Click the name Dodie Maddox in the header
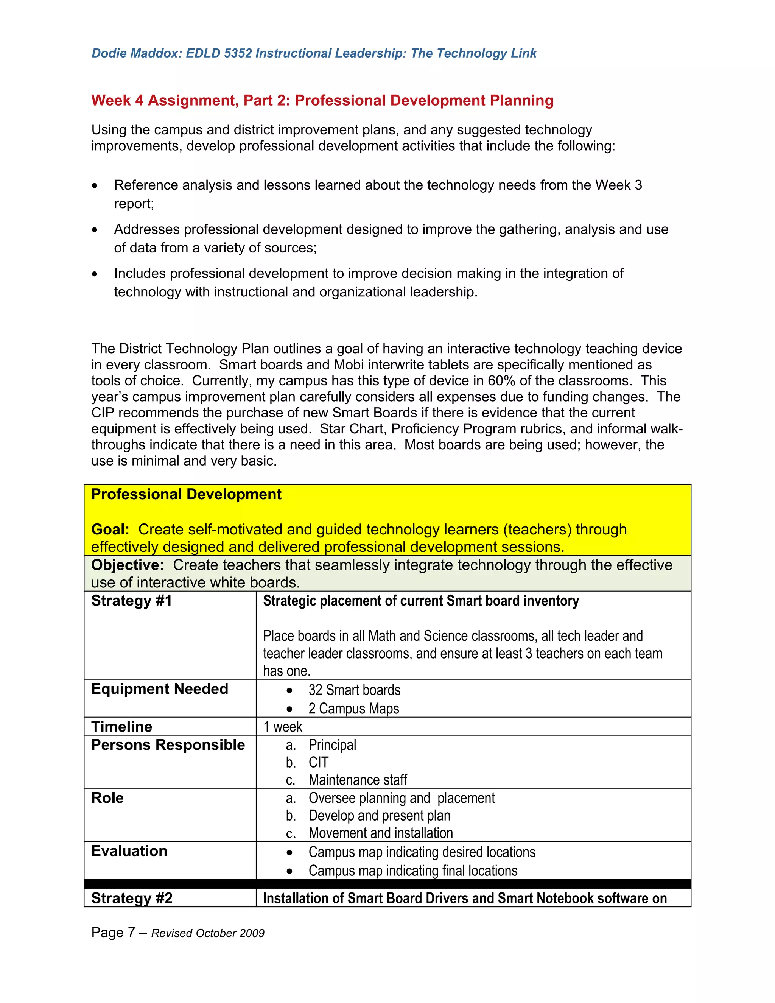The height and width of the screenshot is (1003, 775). pos(136,53)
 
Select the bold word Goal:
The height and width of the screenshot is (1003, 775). pos(110,530)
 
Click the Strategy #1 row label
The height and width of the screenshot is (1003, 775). pos(131,601)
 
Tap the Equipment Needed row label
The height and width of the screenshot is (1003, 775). pos(159,689)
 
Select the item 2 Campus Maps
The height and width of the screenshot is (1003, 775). pos(353,709)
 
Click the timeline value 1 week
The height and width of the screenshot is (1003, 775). pos(282,727)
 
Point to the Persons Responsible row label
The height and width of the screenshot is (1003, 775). pos(168,745)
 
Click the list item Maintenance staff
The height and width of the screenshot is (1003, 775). pos(358,780)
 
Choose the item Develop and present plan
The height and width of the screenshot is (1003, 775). pos(379,816)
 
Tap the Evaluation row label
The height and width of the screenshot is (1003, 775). pos(129,851)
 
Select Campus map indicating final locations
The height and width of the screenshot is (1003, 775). pos(412,871)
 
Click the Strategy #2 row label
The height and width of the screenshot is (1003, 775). pos(132,898)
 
